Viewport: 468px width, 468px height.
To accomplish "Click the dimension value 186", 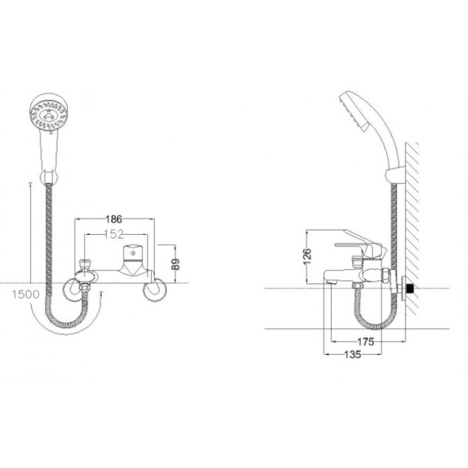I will pyautogui.click(x=114, y=219).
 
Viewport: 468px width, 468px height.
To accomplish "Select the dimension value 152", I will pyautogui.click(x=114, y=235).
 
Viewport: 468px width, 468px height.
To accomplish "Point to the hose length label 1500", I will pyautogui.click(x=25, y=294).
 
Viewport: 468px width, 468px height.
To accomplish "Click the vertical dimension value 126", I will pyautogui.click(x=308, y=257).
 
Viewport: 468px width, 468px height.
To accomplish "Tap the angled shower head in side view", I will pyautogui.click(x=354, y=111).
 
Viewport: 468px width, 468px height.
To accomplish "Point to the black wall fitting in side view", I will pyautogui.click(x=411, y=290).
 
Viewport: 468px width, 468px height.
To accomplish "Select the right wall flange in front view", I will pyautogui.click(x=154, y=292).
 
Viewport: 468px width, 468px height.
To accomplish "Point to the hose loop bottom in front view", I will pyautogui.click(x=67, y=323).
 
